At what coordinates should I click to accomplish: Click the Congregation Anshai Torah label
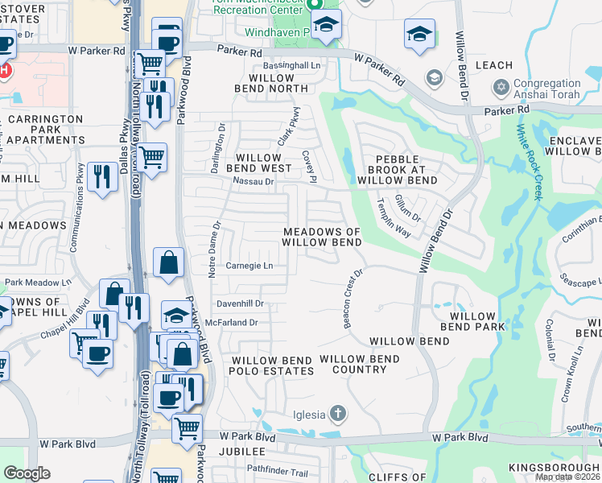click(x=548, y=89)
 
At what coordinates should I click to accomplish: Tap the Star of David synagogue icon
click(x=501, y=85)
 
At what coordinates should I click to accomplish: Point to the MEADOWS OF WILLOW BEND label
click(x=322, y=237)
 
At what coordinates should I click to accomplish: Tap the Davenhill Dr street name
click(x=241, y=303)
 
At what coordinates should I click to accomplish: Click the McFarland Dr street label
click(x=230, y=322)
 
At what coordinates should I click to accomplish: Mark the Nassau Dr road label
click(x=254, y=182)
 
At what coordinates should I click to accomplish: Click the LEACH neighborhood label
click(x=494, y=65)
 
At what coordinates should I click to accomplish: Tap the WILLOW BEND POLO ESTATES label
click(x=272, y=365)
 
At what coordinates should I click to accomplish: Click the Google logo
click(x=27, y=473)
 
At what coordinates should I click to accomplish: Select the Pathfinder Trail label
click(x=278, y=471)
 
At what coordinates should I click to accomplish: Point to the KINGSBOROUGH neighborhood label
click(x=554, y=468)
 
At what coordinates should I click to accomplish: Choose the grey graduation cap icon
click(x=434, y=78)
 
